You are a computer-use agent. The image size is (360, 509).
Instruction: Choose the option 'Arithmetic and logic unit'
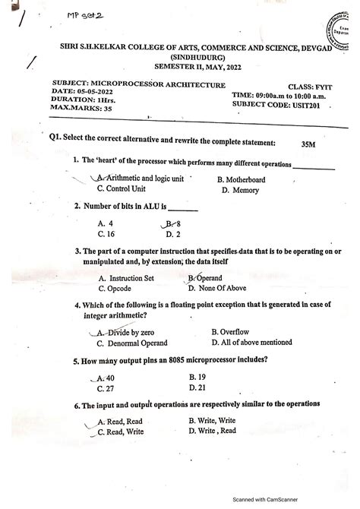pos(141,179)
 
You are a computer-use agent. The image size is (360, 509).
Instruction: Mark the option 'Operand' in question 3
pos(209,278)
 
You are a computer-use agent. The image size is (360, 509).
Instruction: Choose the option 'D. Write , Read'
pos(212,431)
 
